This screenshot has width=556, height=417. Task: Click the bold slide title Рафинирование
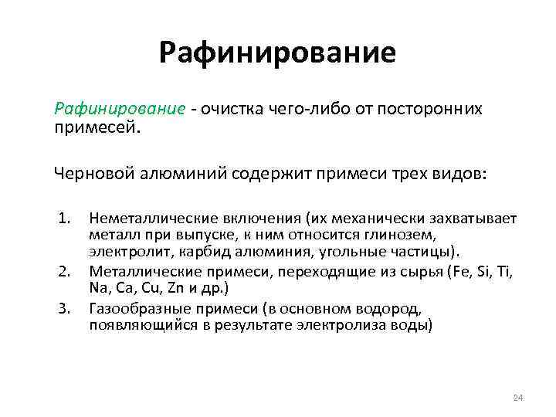(277, 53)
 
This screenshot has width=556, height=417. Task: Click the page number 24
(518, 398)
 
